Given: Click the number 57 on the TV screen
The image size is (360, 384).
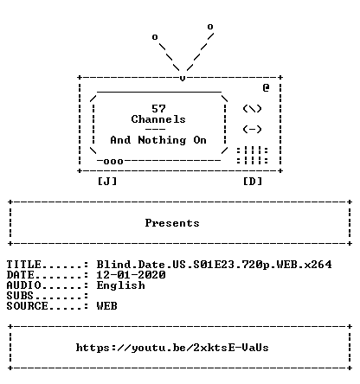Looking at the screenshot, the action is click(x=158, y=109).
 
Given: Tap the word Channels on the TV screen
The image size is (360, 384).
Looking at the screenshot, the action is click(x=158, y=119).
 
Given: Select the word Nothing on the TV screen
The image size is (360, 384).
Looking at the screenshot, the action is click(x=162, y=140).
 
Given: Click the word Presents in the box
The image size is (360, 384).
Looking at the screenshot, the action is click(x=172, y=223).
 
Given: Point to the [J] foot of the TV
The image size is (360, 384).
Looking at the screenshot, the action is click(x=107, y=182).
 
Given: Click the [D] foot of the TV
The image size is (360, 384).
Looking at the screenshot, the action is click(x=253, y=182).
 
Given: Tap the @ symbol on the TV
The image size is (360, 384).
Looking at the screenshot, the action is click(x=266, y=87).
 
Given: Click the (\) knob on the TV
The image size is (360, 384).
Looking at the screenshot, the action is click(x=253, y=109).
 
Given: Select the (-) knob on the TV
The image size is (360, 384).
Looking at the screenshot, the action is click(x=253, y=130).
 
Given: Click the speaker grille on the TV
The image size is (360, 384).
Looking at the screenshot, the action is click(x=253, y=156).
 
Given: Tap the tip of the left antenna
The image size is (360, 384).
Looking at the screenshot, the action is click(x=155, y=37).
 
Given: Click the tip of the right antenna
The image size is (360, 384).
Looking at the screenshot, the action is click(x=210, y=27).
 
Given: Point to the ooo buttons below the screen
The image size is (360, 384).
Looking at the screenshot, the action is click(x=113, y=161).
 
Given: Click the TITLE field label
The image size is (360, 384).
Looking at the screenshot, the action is click(x=23, y=265).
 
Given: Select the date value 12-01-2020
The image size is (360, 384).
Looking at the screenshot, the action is click(x=131, y=275).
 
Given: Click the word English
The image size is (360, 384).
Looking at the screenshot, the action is click(x=120, y=285).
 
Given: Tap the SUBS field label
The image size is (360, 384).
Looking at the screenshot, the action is click(x=20, y=296).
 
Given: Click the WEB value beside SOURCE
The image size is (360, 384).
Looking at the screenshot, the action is click(x=107, y=306).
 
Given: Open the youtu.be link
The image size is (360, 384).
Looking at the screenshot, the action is click(x=172, y=348).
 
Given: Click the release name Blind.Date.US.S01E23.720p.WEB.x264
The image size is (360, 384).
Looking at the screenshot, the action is click(x=214, y=265).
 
